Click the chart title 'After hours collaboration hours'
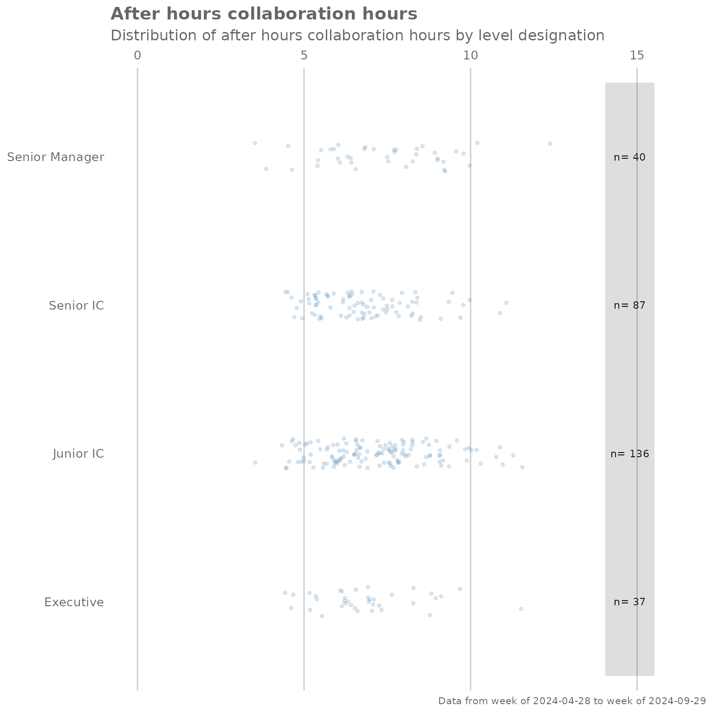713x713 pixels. tap(264, 14)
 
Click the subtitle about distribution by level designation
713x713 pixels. tap(357, 35)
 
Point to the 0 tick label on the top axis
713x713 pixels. tap(137, 55)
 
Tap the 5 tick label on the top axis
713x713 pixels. tap(304, 55)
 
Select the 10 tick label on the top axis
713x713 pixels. tap(470, 55)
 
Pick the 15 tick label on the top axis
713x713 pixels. tap(637, 55)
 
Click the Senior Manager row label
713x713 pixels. tap(55, 157)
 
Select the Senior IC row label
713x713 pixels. tap(76, 305)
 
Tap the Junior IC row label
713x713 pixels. tap(78, 454)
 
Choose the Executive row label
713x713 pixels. tap(74, 602)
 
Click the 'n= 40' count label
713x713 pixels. tap(629, 157)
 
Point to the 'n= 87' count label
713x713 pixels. tap(629, 305)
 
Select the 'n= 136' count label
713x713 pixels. tap(629, 454)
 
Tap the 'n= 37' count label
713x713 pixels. tap(629, 602)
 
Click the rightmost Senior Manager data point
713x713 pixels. tap(550, 143)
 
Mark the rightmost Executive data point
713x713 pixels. tap(521, 609)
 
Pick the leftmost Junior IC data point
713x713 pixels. tap(255, 462)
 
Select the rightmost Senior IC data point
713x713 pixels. tap(506, 303)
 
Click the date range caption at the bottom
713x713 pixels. tap(572, 701)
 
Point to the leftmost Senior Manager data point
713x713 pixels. tap(255, 143)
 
